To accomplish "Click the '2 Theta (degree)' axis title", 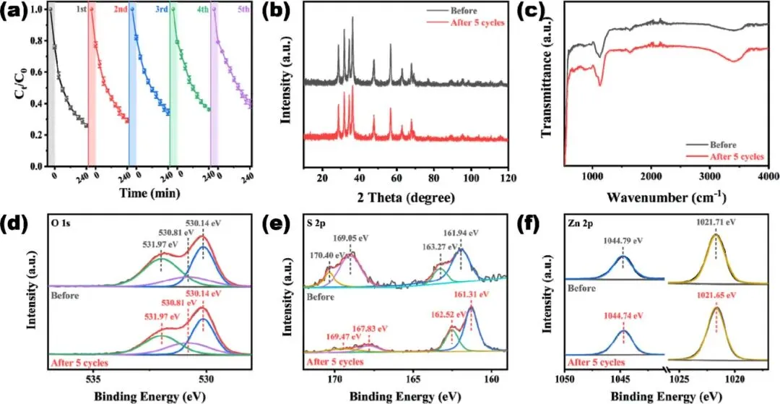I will pos(407,197).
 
